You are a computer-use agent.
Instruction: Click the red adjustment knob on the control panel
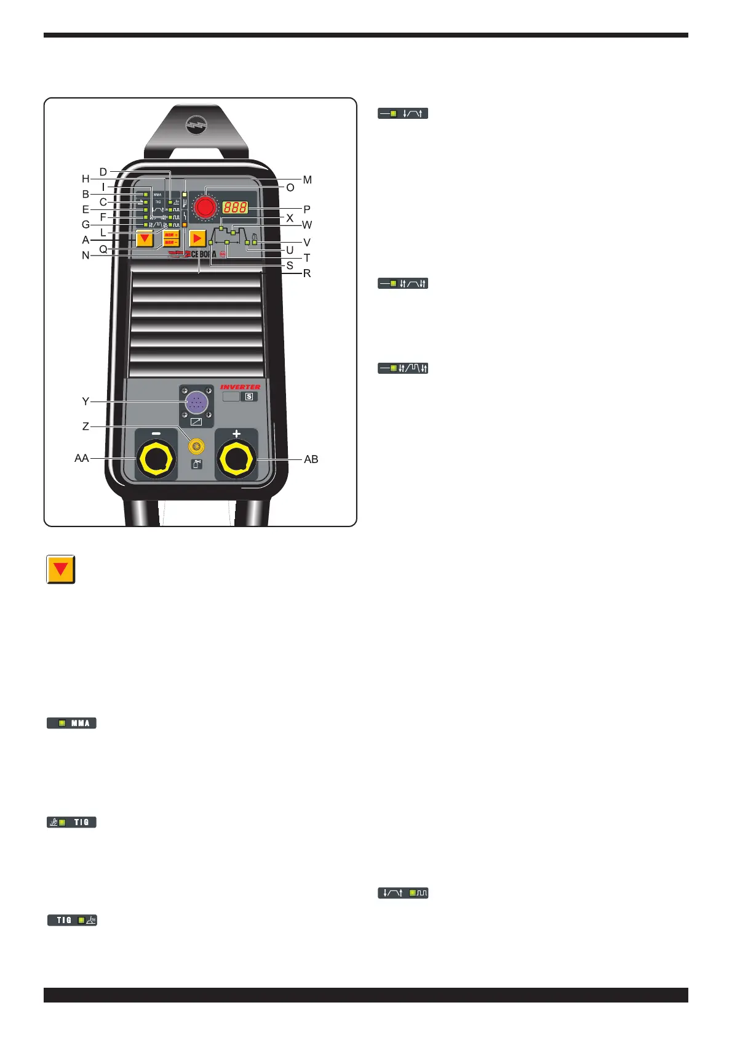click(205, 208)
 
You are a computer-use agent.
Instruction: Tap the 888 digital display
click(235, 208)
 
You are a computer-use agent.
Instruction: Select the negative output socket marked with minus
click(156, 459)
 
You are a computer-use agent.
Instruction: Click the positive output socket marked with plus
click(237, 459)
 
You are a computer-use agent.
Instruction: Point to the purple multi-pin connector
click(196, 403)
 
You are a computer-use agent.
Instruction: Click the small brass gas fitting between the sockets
click(197, 445)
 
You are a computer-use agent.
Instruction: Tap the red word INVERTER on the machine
click(240, 387)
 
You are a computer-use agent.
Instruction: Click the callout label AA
click(82, 458)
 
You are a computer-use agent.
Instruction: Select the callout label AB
click(311, 459)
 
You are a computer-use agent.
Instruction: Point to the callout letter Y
click(86, 401)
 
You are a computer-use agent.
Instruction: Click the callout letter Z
click(86, 426)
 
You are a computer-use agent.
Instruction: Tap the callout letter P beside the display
click(307, 209)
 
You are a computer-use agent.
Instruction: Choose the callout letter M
click(308, 180)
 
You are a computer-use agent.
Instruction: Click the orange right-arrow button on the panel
click(197, 239)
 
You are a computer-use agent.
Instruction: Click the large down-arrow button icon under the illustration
click(61, 570)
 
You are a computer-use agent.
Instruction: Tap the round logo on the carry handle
click(197, 126)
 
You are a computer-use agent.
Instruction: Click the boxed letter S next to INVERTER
click(249, 397)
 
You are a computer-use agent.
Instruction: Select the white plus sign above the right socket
click(236, 434)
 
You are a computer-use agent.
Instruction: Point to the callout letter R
click(307, 273)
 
